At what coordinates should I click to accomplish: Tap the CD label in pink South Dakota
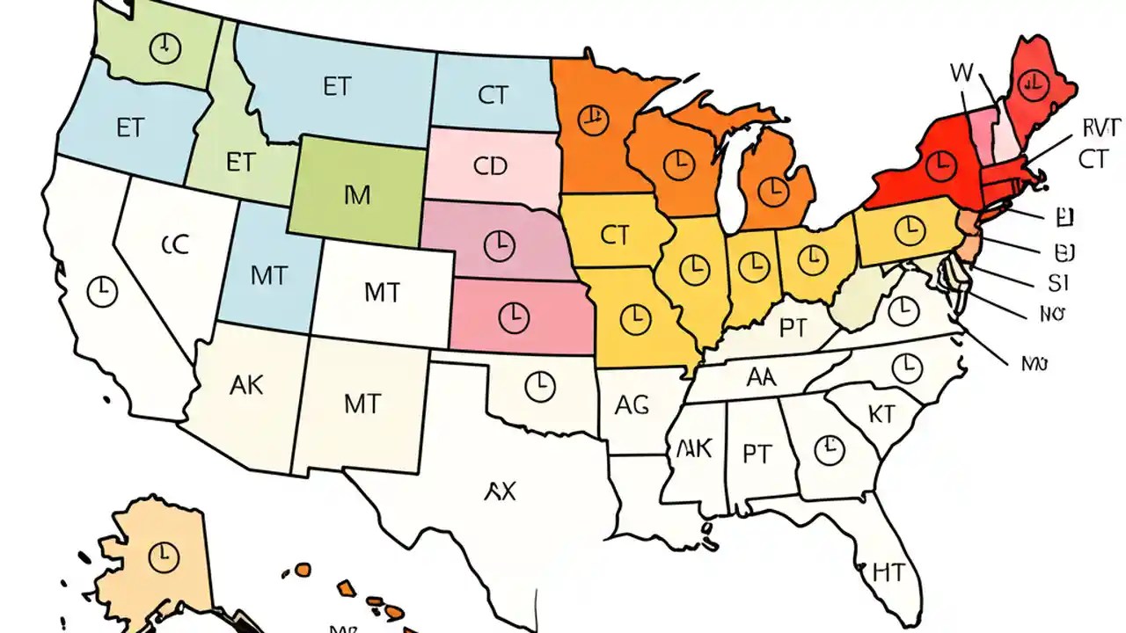(x=490, y=166)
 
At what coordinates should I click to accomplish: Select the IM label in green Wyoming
(x=358, y=195)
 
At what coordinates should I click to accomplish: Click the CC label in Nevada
(x=175, y=245)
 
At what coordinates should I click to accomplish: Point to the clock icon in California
(x=103, y=290)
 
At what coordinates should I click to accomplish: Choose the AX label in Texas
(x=500, y=491)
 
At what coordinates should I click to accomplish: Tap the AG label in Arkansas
(x=632, y=405)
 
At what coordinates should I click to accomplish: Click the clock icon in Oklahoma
(x=539, y=384)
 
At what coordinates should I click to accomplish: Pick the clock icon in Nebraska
(x=499, y=244)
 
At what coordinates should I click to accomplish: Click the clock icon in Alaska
(x=164, y=556)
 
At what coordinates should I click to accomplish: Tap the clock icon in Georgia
(x=827, y=451)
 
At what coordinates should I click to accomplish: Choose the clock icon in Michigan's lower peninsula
(x=774, y=187)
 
